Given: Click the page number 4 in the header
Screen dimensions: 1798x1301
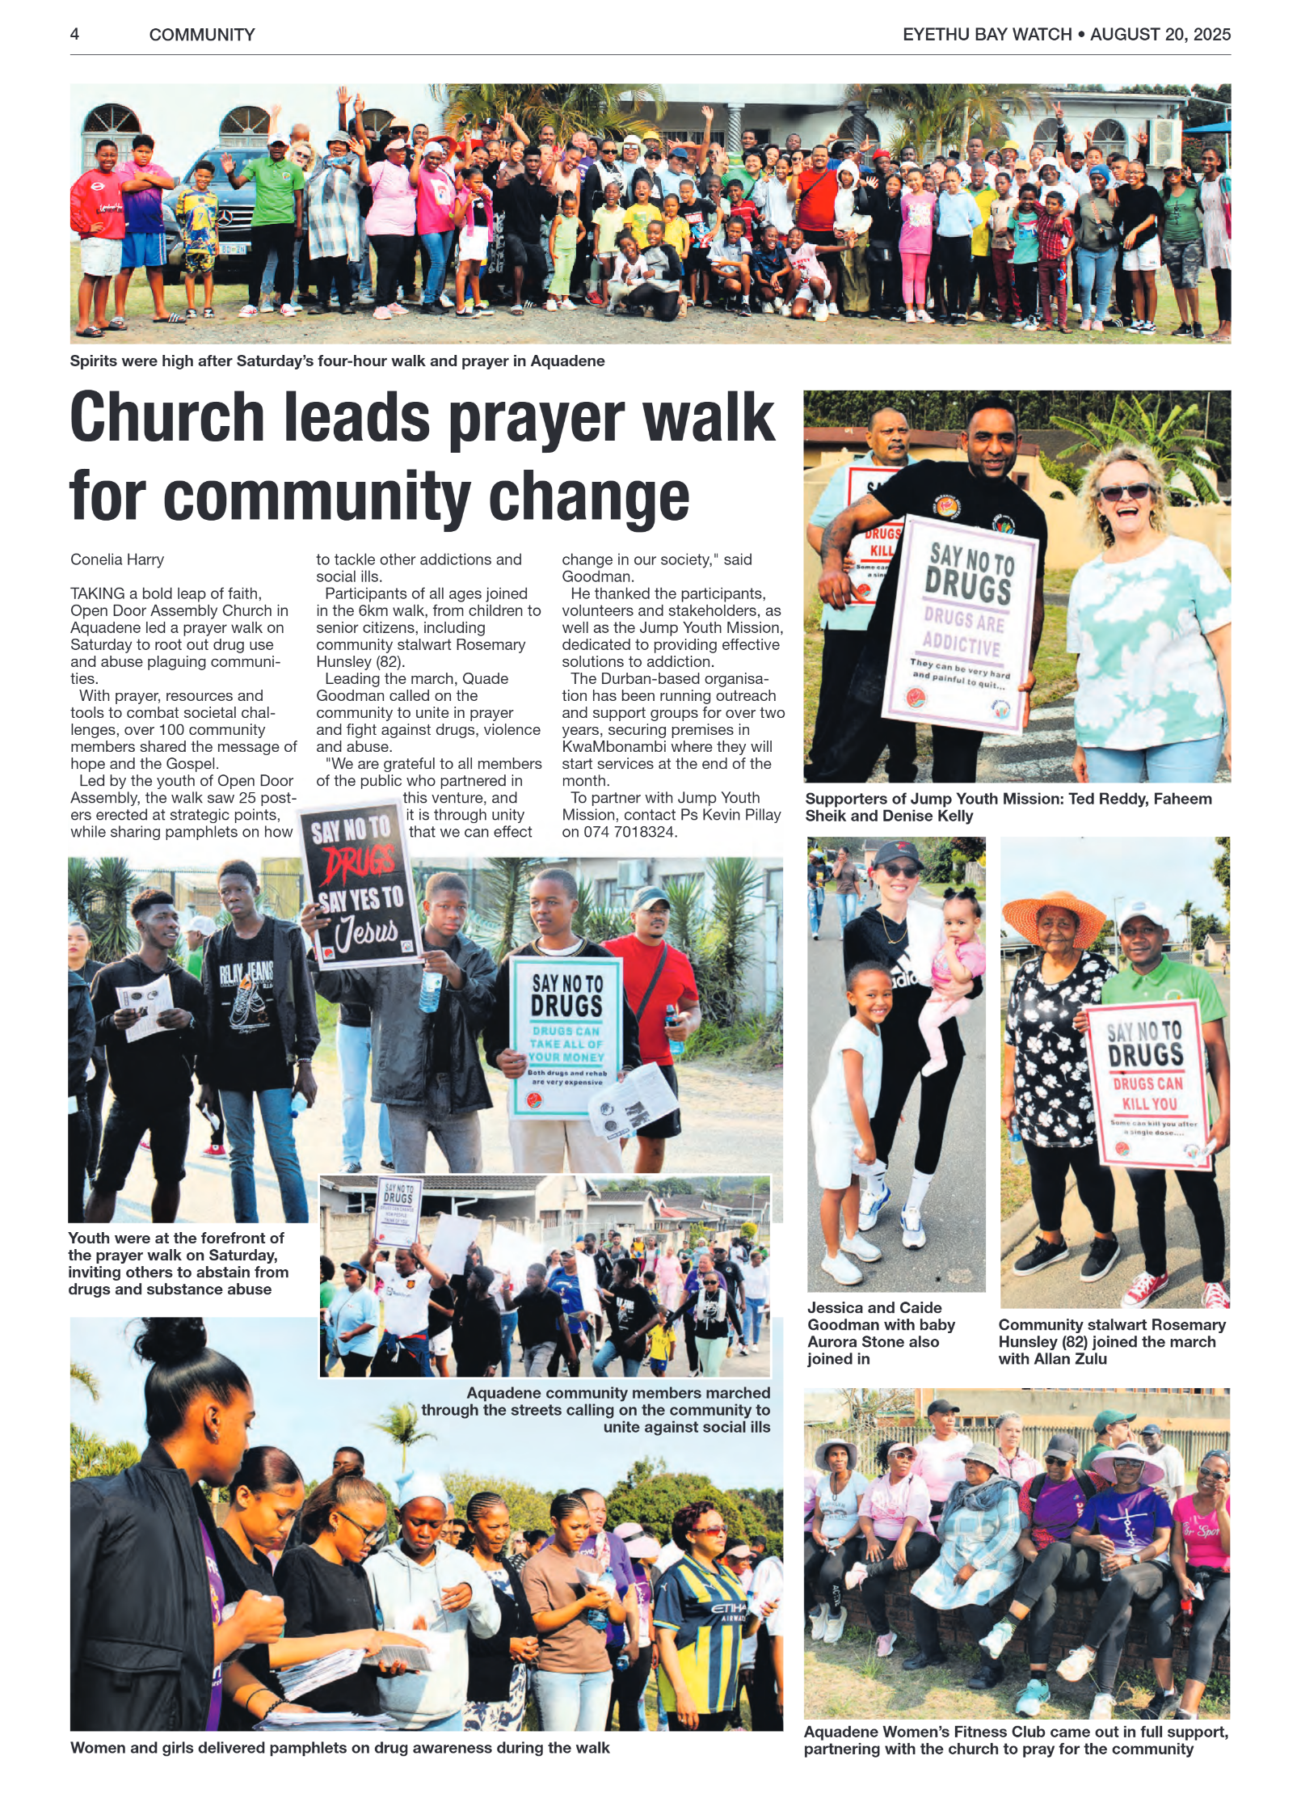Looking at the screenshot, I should [x=74, y=34].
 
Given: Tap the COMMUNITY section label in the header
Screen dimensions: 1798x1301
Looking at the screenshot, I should [x=202, y=35].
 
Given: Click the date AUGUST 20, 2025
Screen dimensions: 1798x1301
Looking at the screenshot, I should [x=1160, y=34].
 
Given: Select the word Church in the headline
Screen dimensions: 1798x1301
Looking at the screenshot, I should [x=166, y=419].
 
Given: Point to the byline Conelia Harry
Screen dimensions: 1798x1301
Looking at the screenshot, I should [x=117, y=559].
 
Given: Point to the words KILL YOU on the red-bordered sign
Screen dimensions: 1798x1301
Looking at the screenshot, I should [x=1148, y=1104].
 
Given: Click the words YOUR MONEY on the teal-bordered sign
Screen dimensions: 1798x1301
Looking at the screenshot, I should [x=566, y=1057].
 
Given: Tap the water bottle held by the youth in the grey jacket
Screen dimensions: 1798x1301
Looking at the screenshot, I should [x=430, y=991].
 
